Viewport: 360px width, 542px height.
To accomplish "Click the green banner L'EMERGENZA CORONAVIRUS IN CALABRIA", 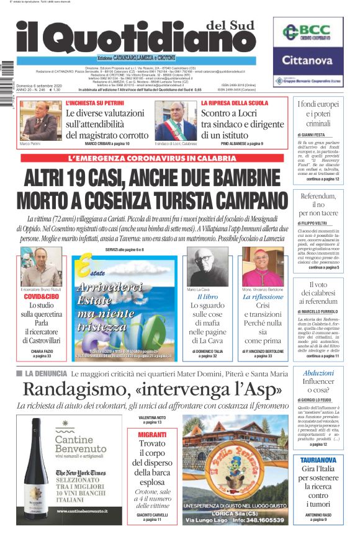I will [151, 158].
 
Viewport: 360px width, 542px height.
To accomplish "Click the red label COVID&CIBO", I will [40, 297].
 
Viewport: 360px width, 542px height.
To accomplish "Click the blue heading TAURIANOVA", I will [318, 460].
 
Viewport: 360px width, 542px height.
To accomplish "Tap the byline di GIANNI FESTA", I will [315, 135].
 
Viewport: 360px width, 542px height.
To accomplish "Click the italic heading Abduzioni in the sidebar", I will [318, 373].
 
